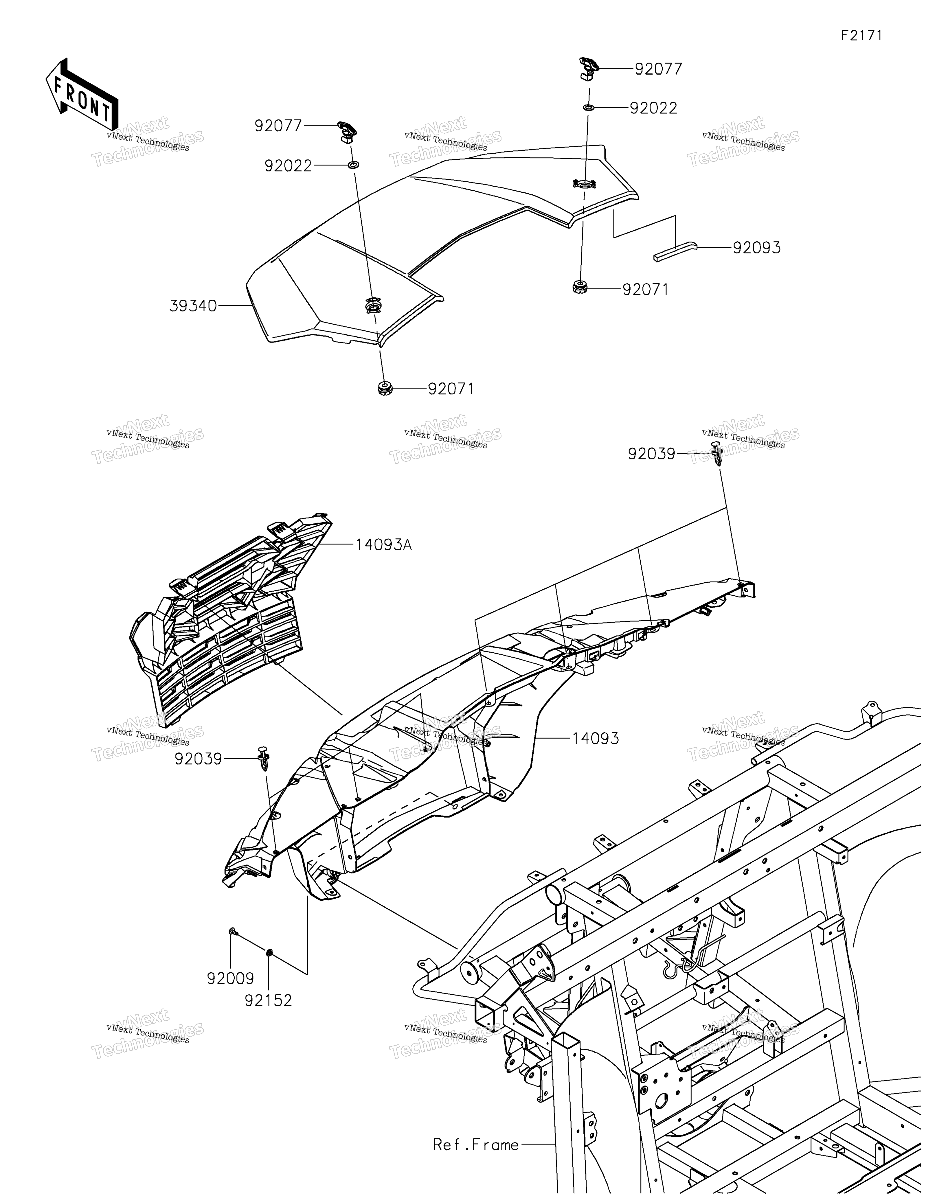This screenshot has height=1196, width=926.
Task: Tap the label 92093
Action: (x=757, y=248)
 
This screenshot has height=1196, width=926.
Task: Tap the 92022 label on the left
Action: (x=288, y=166)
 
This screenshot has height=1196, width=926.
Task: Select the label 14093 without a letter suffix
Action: (x=596, y=739)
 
